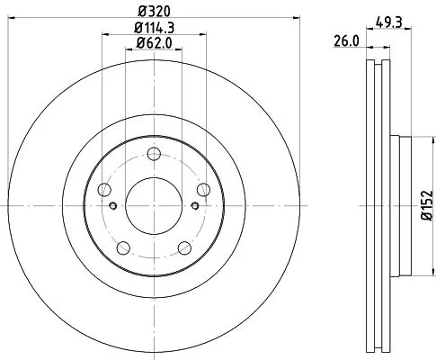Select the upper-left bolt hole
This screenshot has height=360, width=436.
[x=104, y=189]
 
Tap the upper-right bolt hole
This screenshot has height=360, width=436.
[x=204, y=188]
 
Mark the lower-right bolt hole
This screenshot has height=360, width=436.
[x=184, y=248]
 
